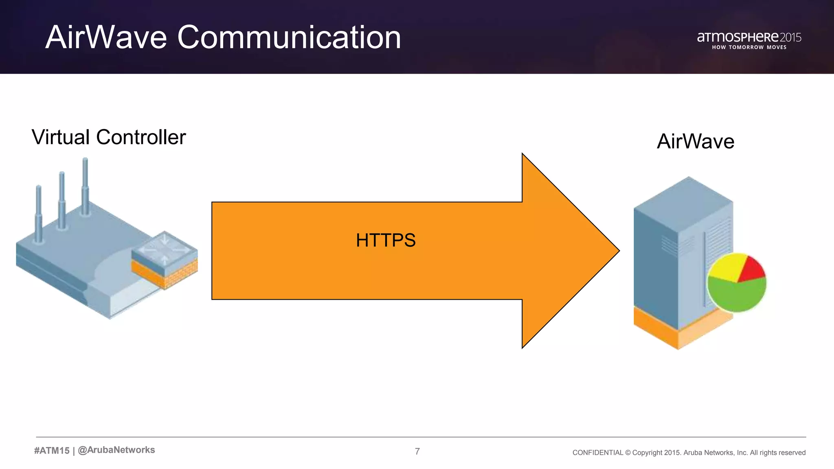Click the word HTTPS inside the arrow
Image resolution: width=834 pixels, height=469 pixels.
(386, 240)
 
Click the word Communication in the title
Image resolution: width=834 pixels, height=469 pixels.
(289, 37)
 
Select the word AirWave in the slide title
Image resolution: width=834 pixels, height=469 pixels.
(106, 37)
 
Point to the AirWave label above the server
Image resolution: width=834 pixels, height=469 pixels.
(695, 142)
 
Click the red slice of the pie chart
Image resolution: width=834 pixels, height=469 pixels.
(752, 270)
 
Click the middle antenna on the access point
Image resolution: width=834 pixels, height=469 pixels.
(62, 199)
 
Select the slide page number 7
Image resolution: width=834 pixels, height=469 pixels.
(417, 451)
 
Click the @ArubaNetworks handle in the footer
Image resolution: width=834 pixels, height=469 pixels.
(116, 450)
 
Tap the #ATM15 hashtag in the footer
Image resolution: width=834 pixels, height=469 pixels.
(52, 450)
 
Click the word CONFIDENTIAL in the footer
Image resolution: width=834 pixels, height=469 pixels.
(597, 453)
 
